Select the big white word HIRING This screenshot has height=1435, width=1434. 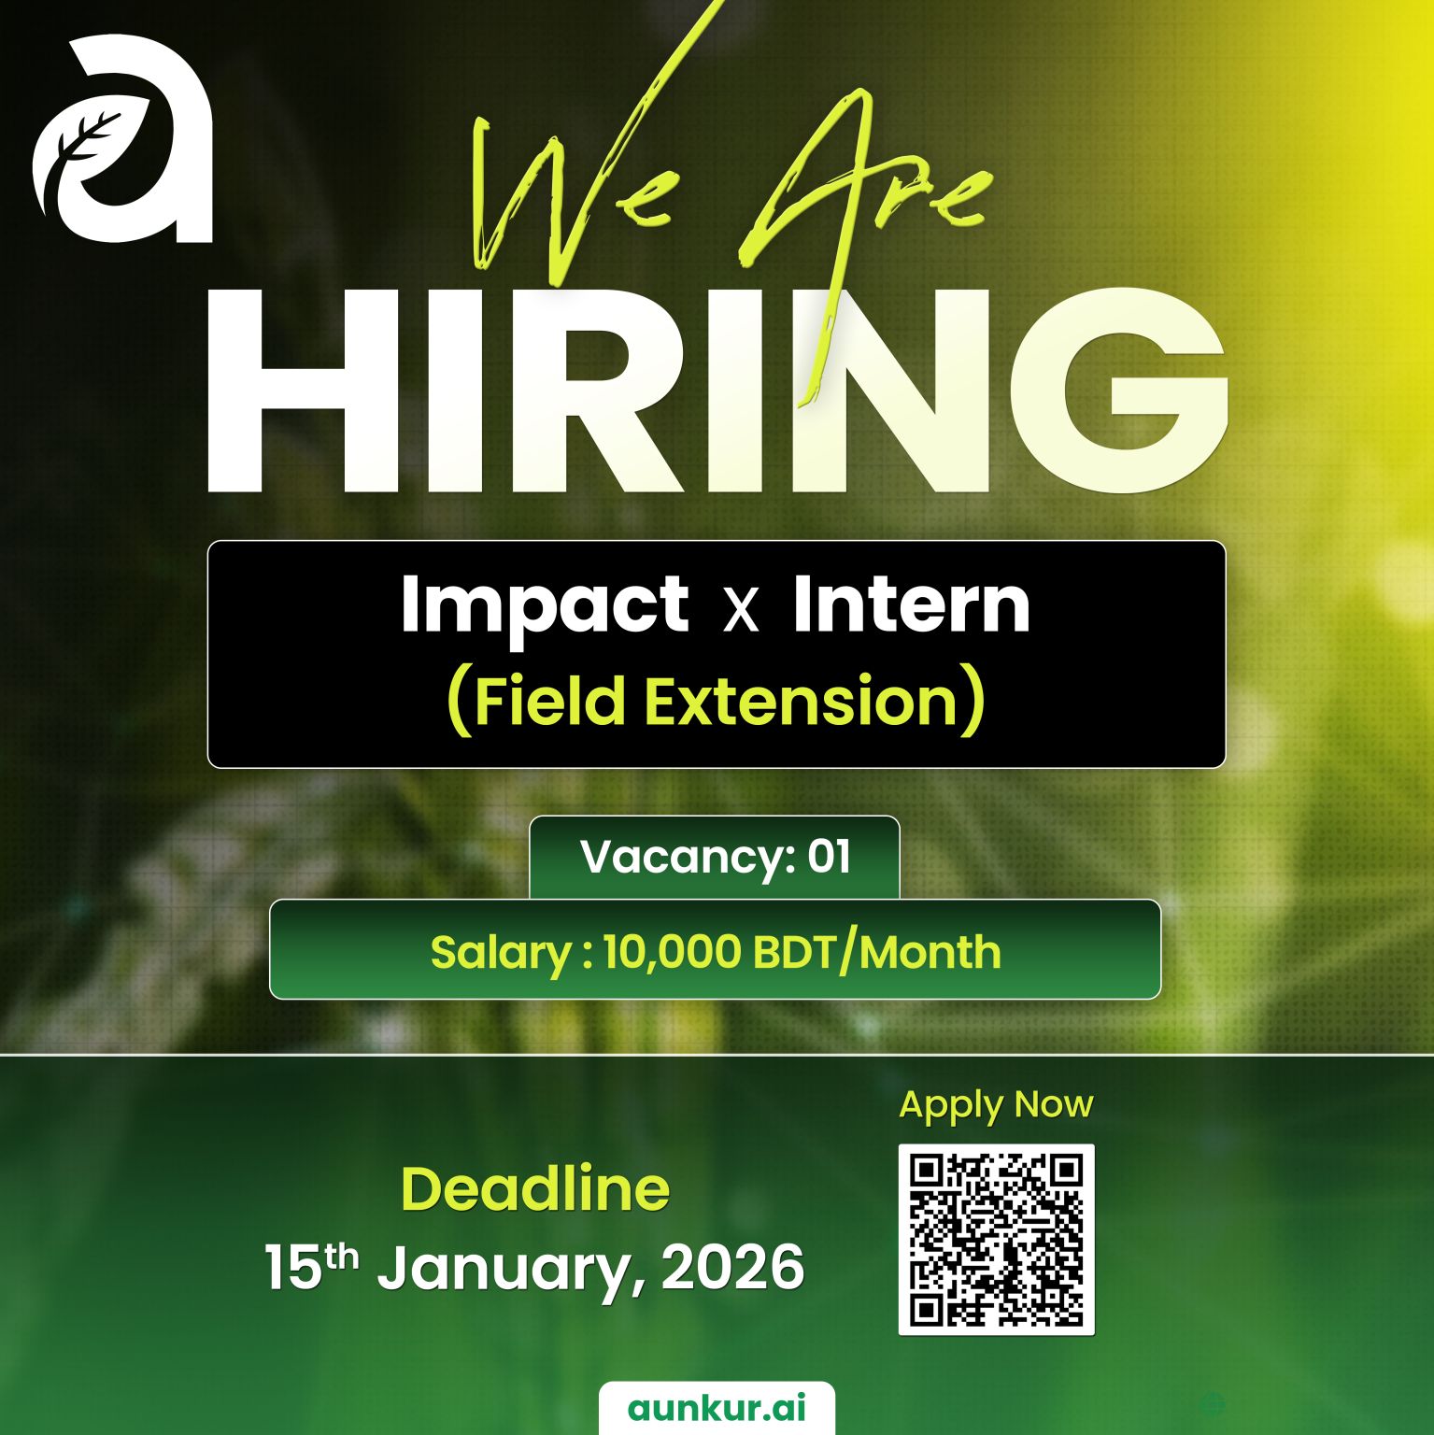[x=715, y=392]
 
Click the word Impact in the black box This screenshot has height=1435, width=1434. [x=545, y=606]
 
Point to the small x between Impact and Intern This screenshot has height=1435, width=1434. [x=742, y=611]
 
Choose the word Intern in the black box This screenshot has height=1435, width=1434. [x=911, y=604]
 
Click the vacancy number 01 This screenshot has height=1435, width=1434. [x=829, y=856]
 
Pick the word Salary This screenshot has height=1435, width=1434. [x=501, y=952]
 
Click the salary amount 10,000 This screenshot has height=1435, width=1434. [x=672, y=952]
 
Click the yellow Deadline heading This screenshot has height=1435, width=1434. [x=535, y=1188]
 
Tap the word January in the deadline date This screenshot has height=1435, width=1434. [x=511, y=1268]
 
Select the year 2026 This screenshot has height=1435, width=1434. [x=732, y=1268]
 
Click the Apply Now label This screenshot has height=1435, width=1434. [x=996, y=1104]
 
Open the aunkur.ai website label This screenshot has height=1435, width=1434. [x=717, y=1408]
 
